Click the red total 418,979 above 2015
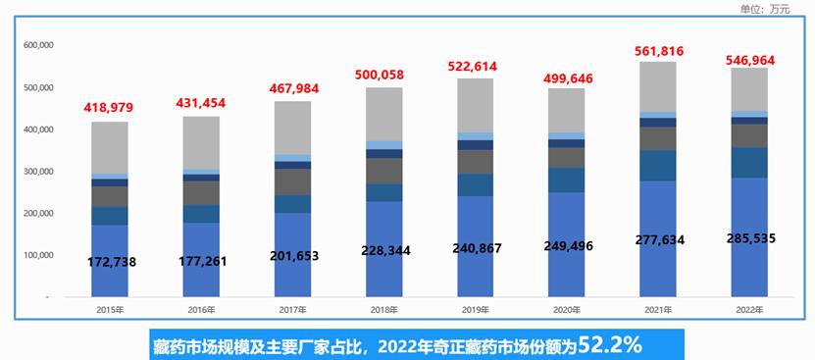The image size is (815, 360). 110,106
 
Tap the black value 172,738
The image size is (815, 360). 111,262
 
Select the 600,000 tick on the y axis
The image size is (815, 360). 37,45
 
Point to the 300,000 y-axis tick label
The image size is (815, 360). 37,172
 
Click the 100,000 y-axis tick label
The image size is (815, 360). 37,255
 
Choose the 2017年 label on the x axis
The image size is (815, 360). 292,310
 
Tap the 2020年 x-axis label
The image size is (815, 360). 566,310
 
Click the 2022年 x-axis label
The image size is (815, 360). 749,310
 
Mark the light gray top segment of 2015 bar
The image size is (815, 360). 110,147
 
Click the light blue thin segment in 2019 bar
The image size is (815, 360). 476,136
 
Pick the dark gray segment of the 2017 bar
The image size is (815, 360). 292,181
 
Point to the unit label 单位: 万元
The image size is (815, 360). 765,10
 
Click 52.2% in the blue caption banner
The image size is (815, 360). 611,344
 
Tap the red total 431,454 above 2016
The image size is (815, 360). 201,103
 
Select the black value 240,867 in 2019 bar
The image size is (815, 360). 476,248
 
